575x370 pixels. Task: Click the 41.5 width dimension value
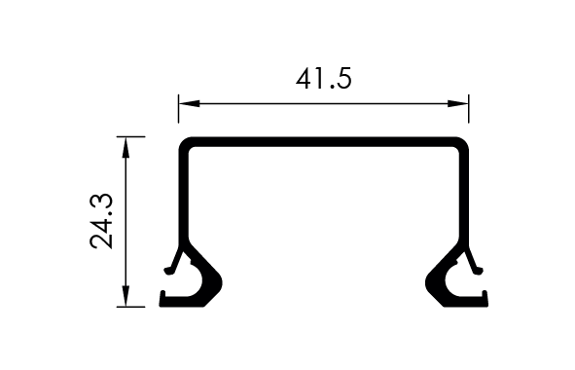(x=323, y=79)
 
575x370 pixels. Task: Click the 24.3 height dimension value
(x=101, y=221)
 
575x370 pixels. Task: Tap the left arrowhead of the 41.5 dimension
(x=189, y=104)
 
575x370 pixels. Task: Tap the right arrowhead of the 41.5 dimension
(x=458, y=104)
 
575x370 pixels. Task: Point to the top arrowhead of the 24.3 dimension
(x=126, y=147)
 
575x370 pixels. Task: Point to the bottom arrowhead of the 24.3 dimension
(x=126, y=296)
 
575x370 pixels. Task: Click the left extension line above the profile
(x=179, y=109)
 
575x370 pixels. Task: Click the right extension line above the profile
(x=469, y=109)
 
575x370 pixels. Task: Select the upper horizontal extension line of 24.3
(x=131, y=137)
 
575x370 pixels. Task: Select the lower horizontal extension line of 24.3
(x=131, y=307)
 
